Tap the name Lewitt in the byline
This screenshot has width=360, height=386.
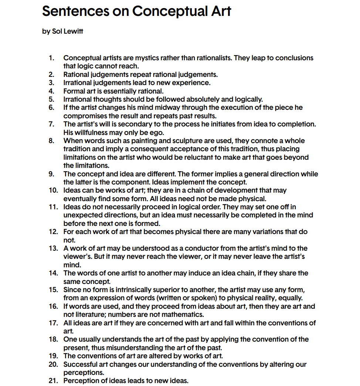(73, 31)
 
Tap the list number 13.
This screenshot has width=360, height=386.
(53, 248)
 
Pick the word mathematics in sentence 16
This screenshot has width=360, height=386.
(183, 315)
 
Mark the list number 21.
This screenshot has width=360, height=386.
(53, 381)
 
